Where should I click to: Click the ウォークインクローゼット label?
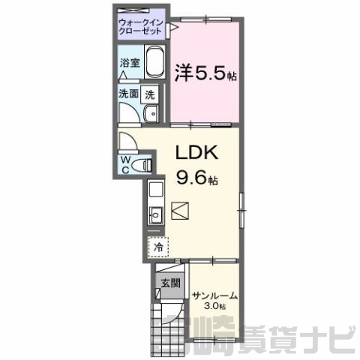141,27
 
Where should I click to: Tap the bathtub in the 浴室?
155,61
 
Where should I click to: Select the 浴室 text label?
130,63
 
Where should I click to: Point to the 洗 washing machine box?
149,94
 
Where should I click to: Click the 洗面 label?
128,94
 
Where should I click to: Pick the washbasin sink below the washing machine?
151,114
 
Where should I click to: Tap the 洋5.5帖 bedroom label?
205,73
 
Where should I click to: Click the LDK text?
197,152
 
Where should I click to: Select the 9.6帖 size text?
197,178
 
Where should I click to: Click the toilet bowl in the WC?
142,165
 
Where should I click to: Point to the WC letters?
125,164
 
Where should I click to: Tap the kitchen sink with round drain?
156,215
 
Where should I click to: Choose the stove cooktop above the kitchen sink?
156,190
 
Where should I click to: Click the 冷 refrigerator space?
158,247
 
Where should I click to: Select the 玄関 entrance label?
170,283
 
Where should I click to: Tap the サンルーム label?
214,296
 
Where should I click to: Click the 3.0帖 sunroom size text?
215,306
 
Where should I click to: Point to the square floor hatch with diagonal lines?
180,211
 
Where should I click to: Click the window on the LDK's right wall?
241,210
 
